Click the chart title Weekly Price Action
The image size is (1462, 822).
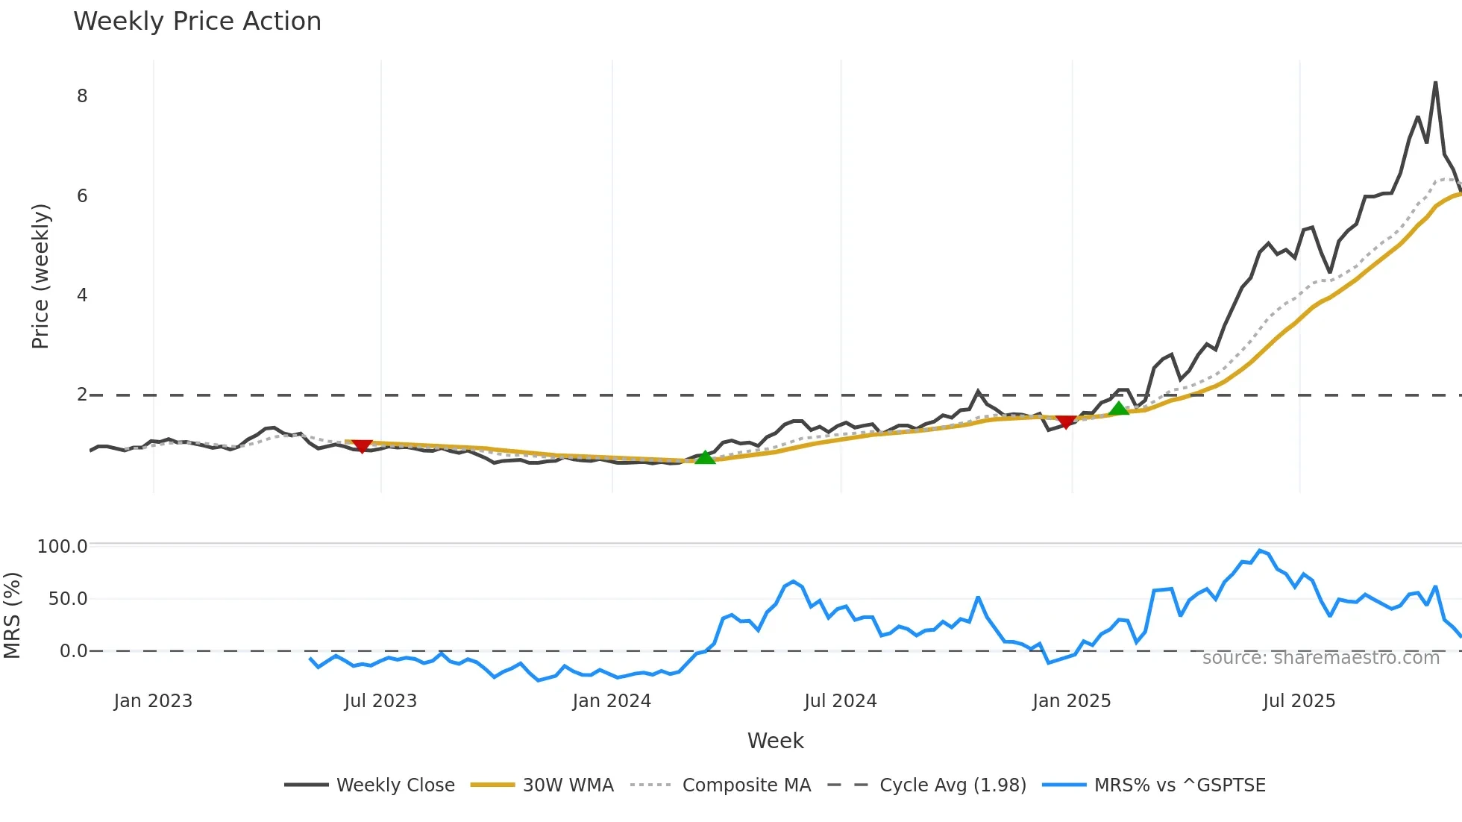(x=197, y=22)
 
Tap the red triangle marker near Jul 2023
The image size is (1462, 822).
(x=362, y=445)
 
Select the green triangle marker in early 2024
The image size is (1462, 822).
(x=705, y=457)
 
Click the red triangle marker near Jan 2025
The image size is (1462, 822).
(x=1066, y=422)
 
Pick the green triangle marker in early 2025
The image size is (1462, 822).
(x=1119, y=408)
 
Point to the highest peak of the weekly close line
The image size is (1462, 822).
(x=1435, y=83)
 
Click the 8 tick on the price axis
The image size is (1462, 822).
(x=82, y=96)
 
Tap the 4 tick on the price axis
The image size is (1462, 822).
(x=82, y=295)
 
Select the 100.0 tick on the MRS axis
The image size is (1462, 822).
(x=63, y=547)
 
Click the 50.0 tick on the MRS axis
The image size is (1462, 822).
(x=68, y=599)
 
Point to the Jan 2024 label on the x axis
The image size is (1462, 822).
(x=612, y=701)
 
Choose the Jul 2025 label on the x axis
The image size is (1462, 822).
(x=1299, y=701)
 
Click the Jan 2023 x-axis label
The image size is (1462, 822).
(x=153, y=701)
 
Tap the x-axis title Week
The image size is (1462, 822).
(x=775, y=741)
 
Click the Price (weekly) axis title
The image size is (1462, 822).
(x=40, y=276)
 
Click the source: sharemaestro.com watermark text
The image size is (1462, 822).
(x=1320, y=658)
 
